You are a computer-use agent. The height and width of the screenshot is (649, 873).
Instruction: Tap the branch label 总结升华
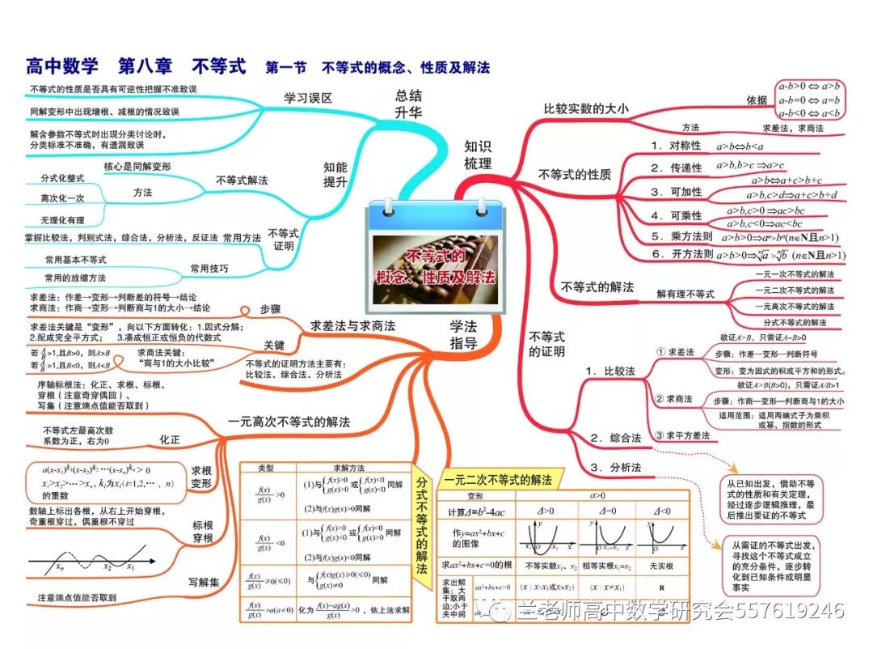tap(408, 104)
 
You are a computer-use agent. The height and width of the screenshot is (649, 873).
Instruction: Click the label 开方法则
tap(681, 254)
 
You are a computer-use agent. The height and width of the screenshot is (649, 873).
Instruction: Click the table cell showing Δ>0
tap(546, 511)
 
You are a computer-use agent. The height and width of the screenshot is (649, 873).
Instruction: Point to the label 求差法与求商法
tap(352, 325)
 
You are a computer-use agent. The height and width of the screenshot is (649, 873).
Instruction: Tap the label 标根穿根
tap(202, 531)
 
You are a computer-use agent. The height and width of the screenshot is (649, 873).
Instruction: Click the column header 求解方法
tap(349, 469)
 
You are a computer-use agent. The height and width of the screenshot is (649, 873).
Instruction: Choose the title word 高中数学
tap(62, 66)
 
